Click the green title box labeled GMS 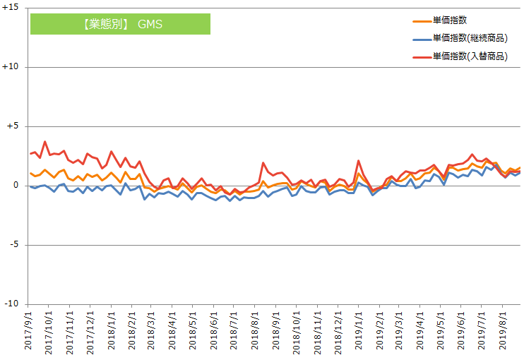pyautogui.click(x=120, y=24)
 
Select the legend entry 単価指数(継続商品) pyautogui.click(x=470, y=38)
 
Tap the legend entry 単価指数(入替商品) pyautogui.click(x=470, y=56)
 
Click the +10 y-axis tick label pyautogui.click(x=11, y=67)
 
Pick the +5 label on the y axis pyautogui.click(x=13, y=126)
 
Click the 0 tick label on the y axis pyautogui.click(x=16, y=186)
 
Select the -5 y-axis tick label pyautogui.click(x=14, y=245)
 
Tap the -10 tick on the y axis pyautogui.click(x=12, y=304)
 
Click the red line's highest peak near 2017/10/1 pyautogui.click(x=45, y=141)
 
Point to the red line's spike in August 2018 pyautogui.click(x=263, y=163)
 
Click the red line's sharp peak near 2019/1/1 pyautogui.click(x=359, y=161)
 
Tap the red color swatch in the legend pyautogui.click(x=421, y=56)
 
